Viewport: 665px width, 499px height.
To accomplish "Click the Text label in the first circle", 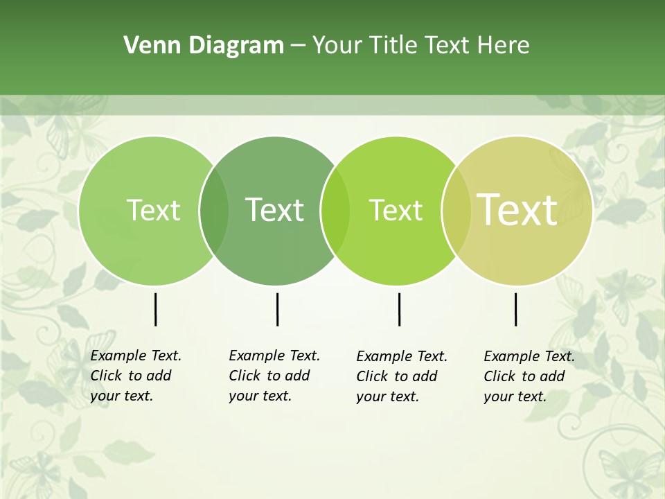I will [153, 210].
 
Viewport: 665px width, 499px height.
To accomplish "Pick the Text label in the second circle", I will [275, 210].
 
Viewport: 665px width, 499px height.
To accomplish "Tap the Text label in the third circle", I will [396, 210].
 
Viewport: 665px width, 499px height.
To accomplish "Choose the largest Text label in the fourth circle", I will [517, 210].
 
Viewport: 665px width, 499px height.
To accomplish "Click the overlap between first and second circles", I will [214, 211].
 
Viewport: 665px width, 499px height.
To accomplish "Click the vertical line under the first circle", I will [155, 309].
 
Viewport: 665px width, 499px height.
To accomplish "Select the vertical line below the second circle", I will [277, 309].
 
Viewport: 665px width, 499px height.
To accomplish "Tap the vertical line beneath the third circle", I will [399, 309].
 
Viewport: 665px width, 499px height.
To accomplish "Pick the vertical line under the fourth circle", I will [515, 309].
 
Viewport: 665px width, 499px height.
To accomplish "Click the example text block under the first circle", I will [136, 376].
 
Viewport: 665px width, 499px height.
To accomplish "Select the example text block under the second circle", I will [274, 376].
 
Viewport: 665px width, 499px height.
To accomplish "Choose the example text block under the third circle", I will [402, 376].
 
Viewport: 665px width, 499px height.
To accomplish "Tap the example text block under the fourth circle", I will [529, 376].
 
